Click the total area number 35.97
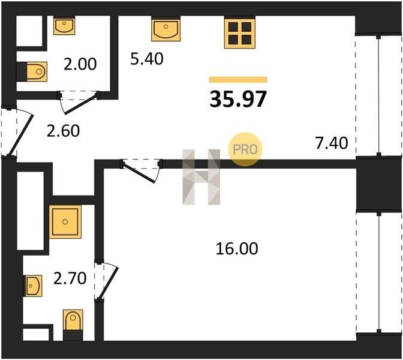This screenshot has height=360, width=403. pos(238,99)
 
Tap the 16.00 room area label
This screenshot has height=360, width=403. pos(237,248)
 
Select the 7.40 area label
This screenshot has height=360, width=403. pos(332,143)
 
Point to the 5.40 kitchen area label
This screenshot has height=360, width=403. pos(147,59)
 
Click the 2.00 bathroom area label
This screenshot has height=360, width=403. pos(80,64)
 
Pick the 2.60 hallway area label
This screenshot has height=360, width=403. pos(63,131)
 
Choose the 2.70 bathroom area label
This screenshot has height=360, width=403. pos(70,278)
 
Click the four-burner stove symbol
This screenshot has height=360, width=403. pos(239,32)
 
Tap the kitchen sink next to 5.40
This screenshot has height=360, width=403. pos(166,29)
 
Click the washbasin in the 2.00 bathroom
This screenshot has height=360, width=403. pos(64,25)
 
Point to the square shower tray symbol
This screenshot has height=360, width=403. pos(65,221)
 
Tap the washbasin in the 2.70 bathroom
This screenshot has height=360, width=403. pos(33,286)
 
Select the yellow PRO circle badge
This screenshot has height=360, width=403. pos(245,149)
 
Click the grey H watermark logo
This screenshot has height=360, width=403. pos(201,177)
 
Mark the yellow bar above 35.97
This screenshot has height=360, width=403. pos(238,80)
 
